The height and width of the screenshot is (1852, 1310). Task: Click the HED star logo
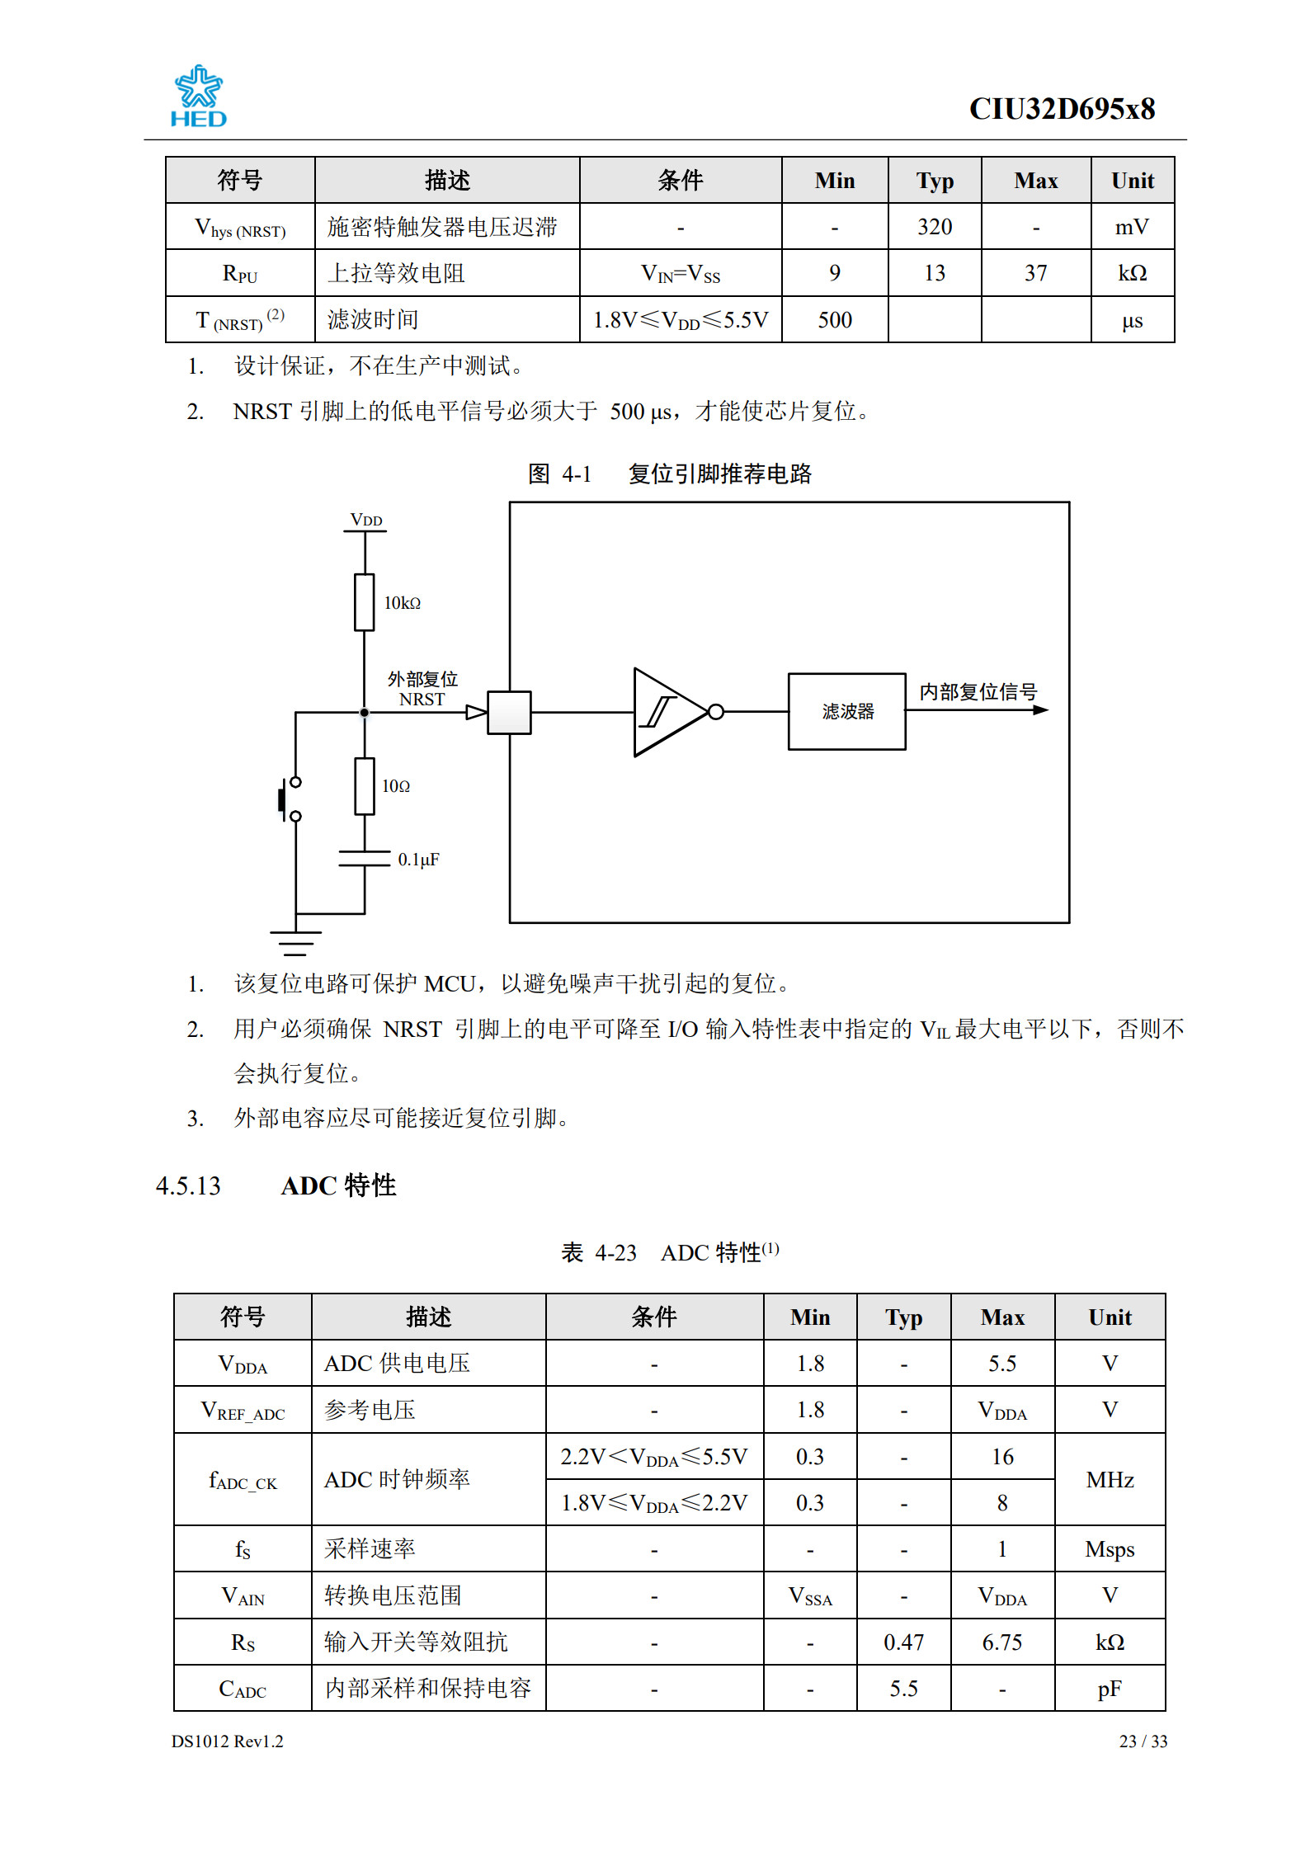tap(198, 96)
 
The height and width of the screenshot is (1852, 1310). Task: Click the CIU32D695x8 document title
tap(1061, 109)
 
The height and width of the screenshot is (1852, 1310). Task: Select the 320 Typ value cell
tap(934, 227)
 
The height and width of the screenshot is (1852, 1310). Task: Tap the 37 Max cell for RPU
tap(1035, 273)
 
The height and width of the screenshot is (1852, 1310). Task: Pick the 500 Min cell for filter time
tap(834, 320)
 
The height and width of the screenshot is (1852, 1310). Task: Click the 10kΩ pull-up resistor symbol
tap(364, 602)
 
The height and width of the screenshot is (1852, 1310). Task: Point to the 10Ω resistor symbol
tap(364, 785)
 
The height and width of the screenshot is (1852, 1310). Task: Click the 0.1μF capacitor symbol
tap(364, 859)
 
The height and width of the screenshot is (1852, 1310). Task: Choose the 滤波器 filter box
tap(846, 711)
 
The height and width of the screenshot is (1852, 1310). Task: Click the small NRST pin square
tap(509, 712)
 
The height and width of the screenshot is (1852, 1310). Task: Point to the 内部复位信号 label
tap(978, 691)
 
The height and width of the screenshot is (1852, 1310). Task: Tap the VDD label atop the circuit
tap(365, 520)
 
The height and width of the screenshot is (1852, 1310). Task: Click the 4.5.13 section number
tap(188, 1185)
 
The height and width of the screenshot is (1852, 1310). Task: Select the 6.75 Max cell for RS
tap(1001, 1642)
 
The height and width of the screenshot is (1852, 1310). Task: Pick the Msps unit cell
tap(1109, 1549)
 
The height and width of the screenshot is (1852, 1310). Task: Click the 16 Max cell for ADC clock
tap(1001, 1457)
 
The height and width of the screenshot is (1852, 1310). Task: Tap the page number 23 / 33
tap(1143, 1741)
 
